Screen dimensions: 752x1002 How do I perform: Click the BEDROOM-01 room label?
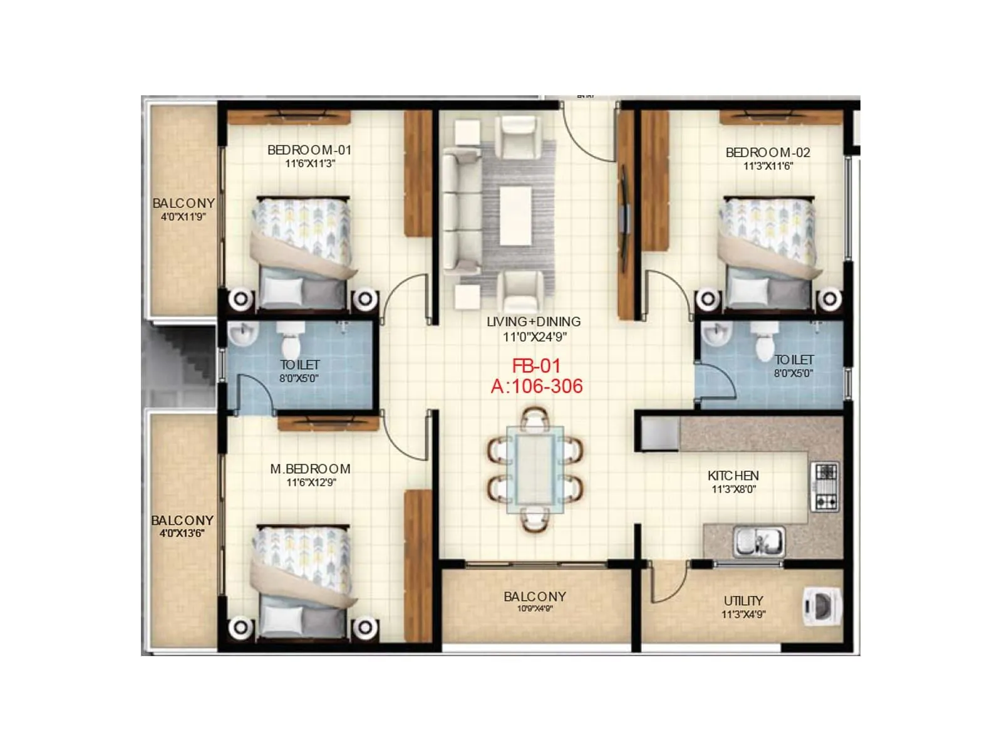[x=309, y=150]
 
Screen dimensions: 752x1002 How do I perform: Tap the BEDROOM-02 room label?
[x=768, y=152]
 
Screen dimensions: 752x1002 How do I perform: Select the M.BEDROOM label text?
[x=310, y=469]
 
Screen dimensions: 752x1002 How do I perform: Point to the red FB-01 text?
[x=536, y=366]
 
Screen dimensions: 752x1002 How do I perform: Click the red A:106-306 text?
[x=537, y=386]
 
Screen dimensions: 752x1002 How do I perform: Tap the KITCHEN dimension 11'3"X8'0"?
[x=733, y=489]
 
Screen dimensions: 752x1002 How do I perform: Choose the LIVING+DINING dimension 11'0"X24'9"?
[x=534, y=337]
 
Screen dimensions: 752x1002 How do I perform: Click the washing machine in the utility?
[x=820, y=607]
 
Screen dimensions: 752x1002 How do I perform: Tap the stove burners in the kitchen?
[x=824, y=486]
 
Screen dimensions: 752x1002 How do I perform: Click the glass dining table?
[x=535, y=468]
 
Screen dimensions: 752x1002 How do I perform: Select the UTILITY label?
[x=743, y=600]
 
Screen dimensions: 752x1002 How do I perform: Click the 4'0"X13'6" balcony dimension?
[x=182, y=534]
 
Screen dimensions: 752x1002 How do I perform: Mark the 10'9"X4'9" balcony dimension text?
[x=535, y=608]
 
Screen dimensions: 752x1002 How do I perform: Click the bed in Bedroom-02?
[x=769, y=251]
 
